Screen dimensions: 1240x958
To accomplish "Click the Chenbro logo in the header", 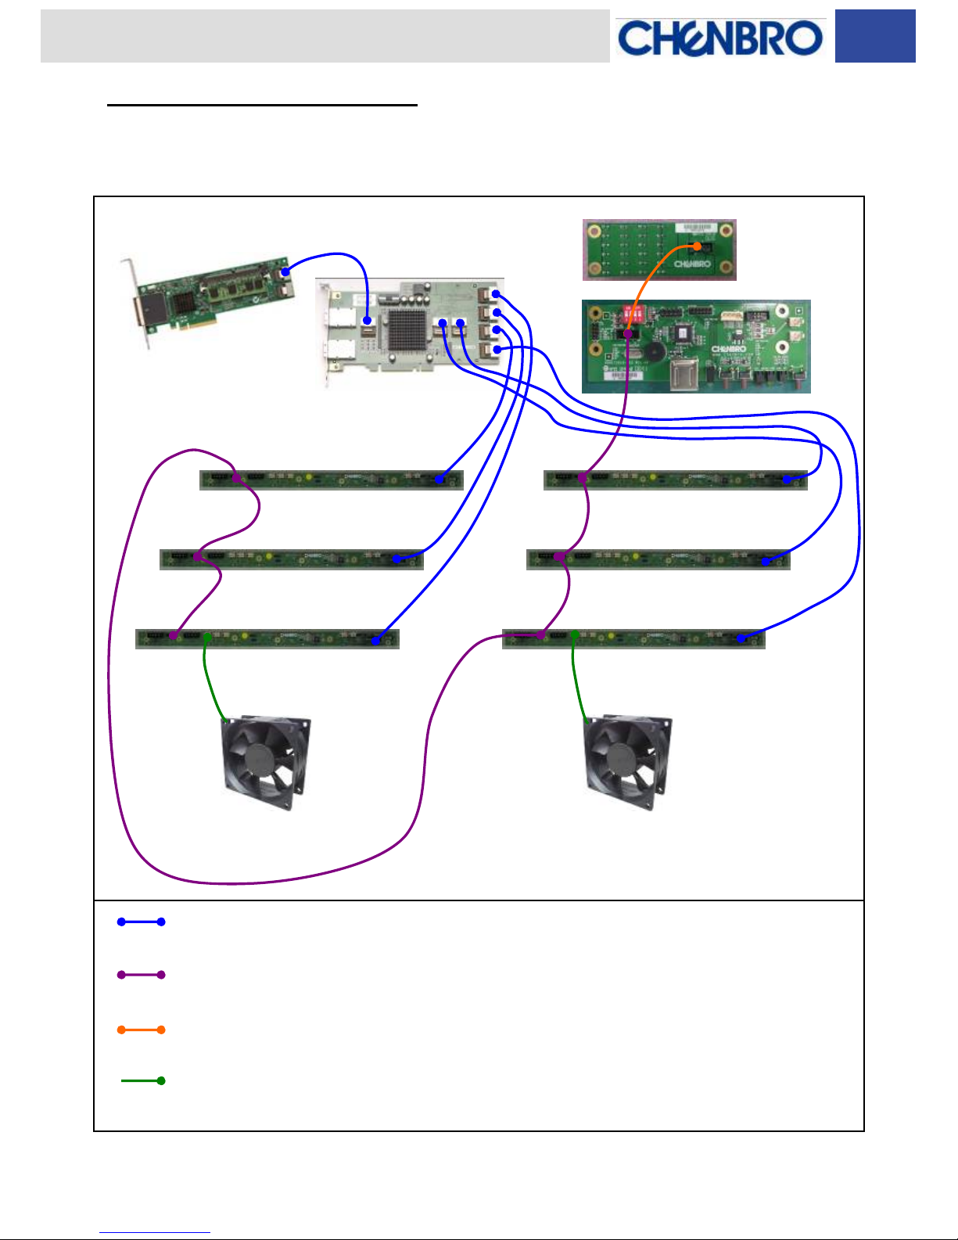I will pos(719,38).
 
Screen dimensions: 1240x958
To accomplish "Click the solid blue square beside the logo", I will pos(874,36).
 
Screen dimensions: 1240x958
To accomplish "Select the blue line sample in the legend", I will pos(141,922).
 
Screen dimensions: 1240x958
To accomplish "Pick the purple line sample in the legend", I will pos(141,975).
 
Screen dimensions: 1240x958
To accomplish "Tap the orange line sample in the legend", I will pos(141,1030).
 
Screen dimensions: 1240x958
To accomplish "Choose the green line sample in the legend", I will pos(142,1080).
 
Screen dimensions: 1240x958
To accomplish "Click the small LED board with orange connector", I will pos(658,250).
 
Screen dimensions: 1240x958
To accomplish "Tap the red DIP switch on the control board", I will pos(633,317).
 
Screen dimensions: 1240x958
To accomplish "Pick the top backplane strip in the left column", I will pos(332,480).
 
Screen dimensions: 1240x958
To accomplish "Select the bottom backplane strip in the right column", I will pos(633,639).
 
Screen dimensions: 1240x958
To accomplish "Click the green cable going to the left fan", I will pos(211,681).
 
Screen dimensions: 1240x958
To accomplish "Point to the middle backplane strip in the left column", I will pos(291,559).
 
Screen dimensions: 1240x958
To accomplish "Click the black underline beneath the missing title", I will pos(262,104).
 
